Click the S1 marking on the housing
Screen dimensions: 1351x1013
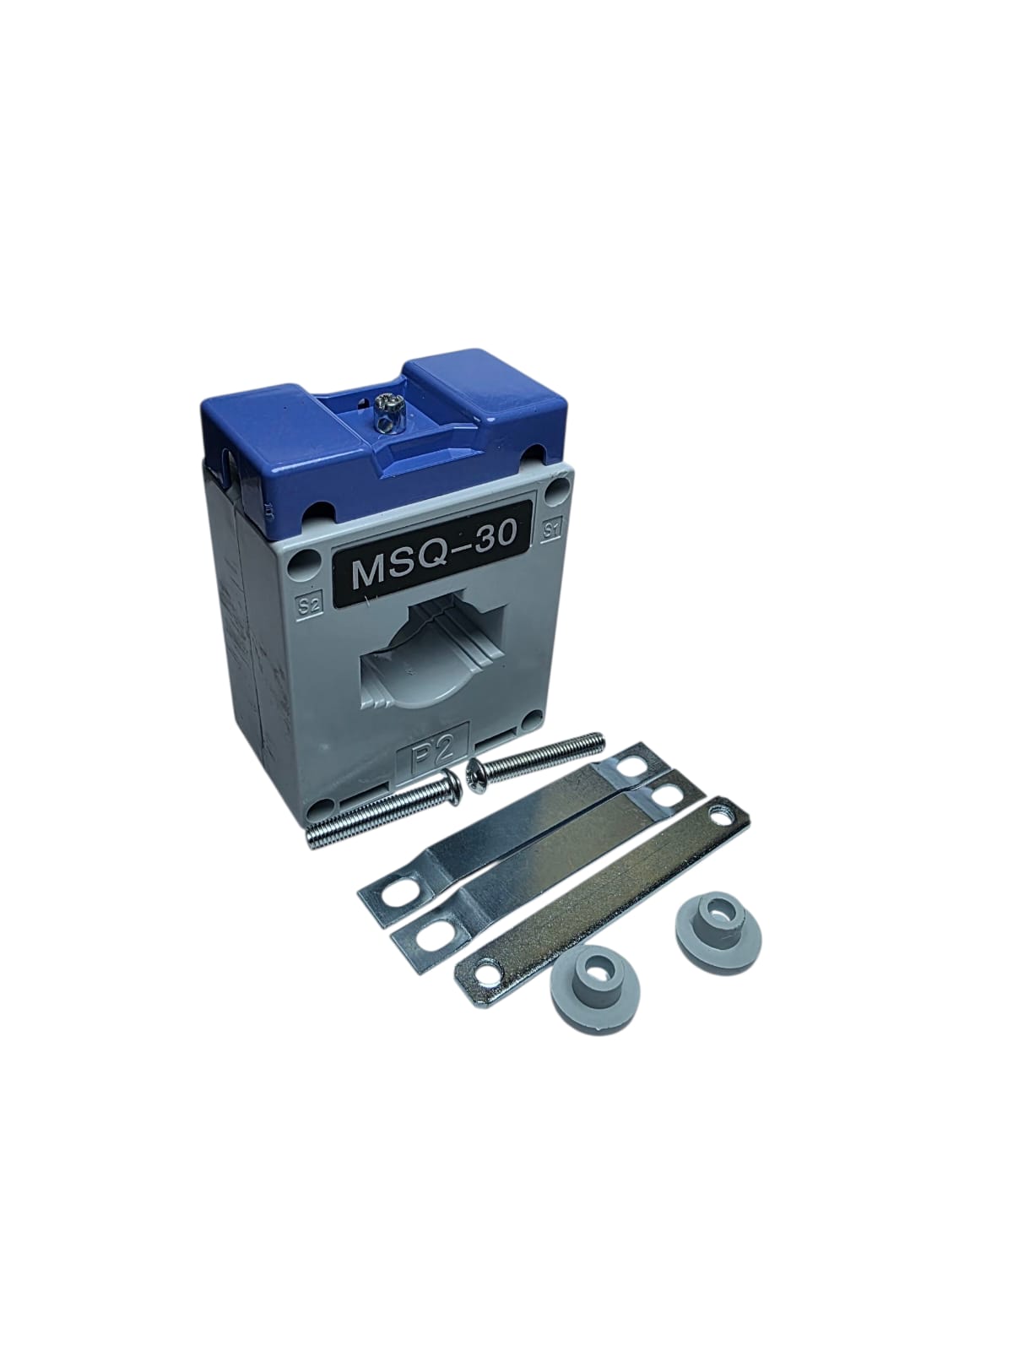(553, 529)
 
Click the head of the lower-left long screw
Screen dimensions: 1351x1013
(453, 789)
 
